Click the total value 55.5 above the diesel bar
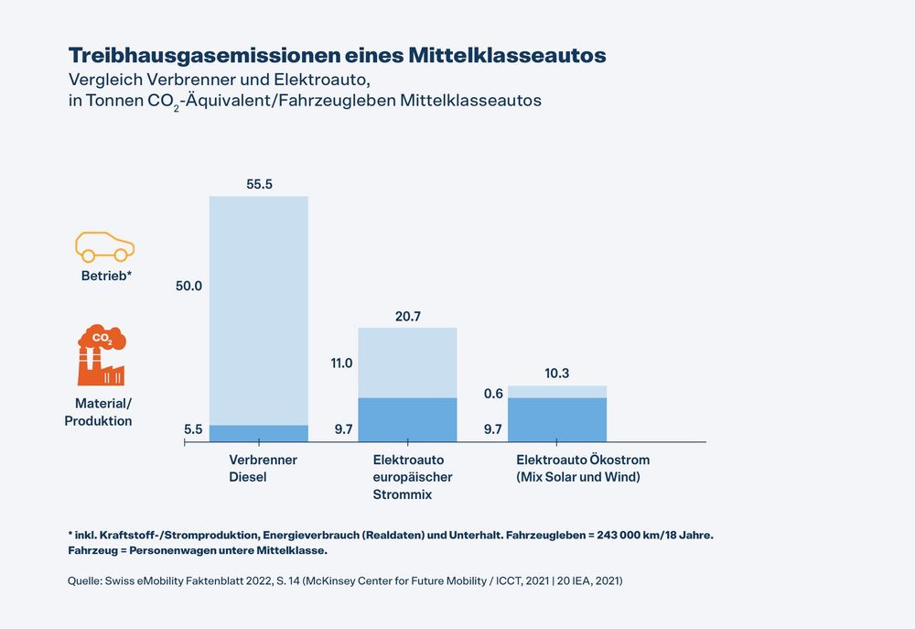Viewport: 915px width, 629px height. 259,184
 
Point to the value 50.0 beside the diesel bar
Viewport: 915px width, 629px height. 188,286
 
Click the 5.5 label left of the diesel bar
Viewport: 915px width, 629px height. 192,428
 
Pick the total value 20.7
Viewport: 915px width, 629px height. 407,316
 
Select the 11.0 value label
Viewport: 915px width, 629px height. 341,363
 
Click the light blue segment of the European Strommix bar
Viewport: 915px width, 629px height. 407,363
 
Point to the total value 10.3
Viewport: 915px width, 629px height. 556,374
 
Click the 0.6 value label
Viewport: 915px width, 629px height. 493,394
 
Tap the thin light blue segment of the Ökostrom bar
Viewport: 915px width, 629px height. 556,392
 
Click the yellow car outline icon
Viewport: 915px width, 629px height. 104,246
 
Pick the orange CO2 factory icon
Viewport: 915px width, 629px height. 101,355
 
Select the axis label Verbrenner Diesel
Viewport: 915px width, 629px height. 263,468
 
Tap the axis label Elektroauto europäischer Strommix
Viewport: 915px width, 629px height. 413,477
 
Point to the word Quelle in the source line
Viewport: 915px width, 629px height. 85,580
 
